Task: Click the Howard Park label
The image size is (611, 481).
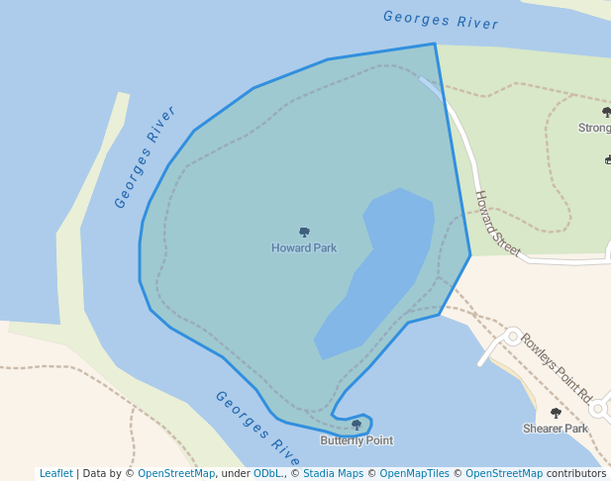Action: tap(304, 247)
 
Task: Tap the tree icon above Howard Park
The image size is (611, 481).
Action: tap(304, 233)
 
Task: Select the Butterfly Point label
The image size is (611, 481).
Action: tap(356, 440)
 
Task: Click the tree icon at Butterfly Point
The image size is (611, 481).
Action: tap(356, 426)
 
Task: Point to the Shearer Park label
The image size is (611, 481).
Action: tap(556, 429)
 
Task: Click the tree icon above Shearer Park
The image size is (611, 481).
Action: tap(556, 414)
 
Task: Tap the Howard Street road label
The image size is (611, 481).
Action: tap(496, 224)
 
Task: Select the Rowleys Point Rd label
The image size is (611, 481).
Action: tap(555, 361)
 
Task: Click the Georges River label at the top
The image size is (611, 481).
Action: tap(441, 19)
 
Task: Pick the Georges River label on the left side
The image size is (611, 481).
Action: tap(145, 157)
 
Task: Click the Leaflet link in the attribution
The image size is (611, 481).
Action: tap(55, 474)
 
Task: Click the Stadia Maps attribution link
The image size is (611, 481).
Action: tap(333, 474)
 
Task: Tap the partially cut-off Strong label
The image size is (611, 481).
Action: tap(594, 128)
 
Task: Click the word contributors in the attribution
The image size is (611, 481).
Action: tap(576, 474)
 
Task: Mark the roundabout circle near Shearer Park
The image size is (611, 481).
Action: tap(597, 408)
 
